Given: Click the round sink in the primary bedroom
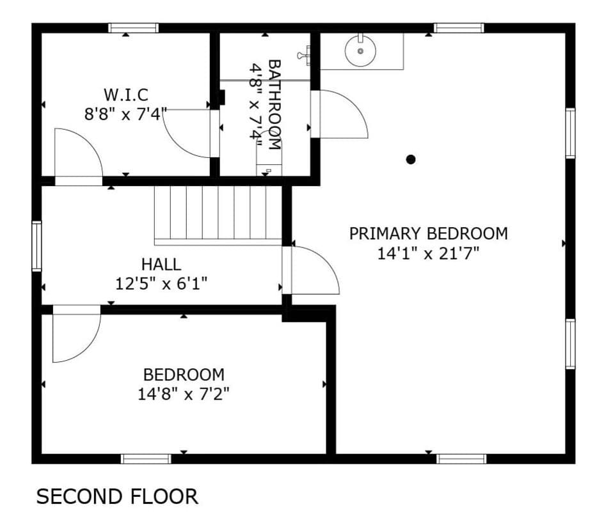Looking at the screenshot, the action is tap(360, 51).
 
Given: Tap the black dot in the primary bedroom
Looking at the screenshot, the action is tap(411, 159).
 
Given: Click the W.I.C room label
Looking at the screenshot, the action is tap(126, 95).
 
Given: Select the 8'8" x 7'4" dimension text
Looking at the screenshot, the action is tap(126, 114).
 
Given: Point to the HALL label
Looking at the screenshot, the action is tap(161, 265).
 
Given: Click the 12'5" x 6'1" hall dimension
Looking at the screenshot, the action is tap(161, 285).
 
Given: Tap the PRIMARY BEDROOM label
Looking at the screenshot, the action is tap(428, 233).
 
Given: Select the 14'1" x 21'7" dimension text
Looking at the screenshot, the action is tap(428, 254).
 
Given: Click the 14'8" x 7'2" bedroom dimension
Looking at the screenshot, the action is tap(184, 395).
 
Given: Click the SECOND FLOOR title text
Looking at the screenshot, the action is tap(117, 496).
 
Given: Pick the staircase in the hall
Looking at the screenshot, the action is tap(218, 216).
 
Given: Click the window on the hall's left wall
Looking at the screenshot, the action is tap(36, 246).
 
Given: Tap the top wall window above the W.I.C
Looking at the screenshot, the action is tap(133, 27).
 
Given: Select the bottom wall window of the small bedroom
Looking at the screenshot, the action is tap(146, 459).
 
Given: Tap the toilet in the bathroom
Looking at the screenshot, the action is tap(269, 153).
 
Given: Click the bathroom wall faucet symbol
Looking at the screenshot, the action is tap(304, 55).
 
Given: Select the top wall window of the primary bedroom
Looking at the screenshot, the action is tap(459, 27).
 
